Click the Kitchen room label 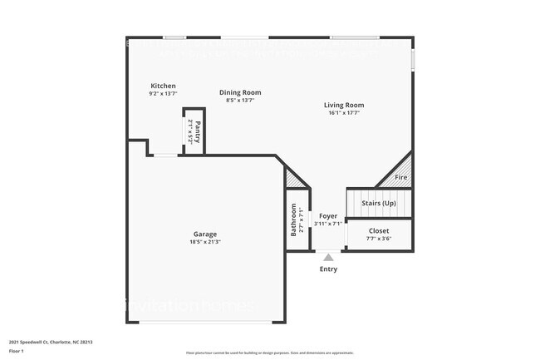coord(163,86)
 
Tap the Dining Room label coord(240,92)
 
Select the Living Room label coord(344,105)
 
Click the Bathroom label coord(293,220)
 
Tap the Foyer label coord(328,215)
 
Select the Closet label coord(379,230)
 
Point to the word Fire coord(400,178)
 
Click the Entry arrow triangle coord(328,258)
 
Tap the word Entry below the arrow coord(328,269)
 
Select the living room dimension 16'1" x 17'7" coord(344,114)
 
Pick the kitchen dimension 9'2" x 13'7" coord(163,94)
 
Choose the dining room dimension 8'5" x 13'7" coord(240,101)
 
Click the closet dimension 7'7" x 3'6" coord(379,239)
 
